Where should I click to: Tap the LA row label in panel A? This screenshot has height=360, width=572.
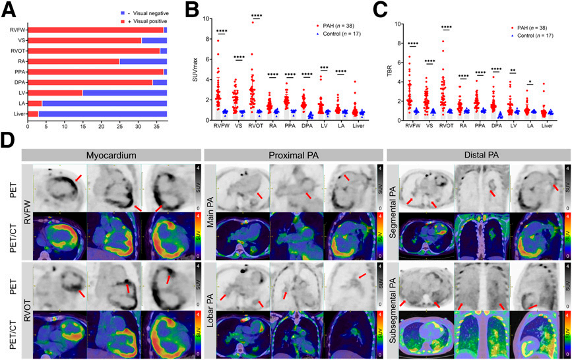18,104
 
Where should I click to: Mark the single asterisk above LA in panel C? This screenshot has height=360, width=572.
529,83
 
